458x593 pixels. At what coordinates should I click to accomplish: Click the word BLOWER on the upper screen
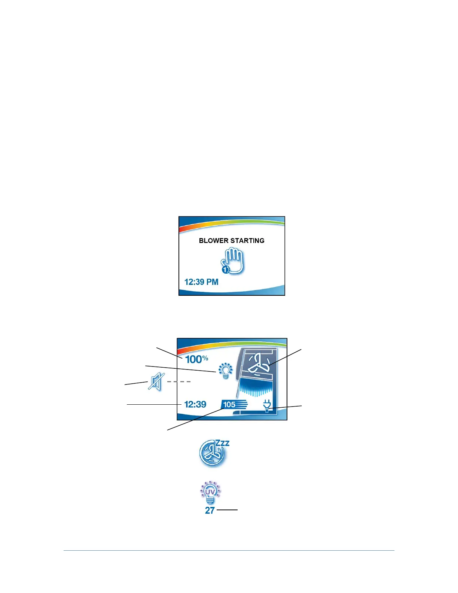click(211, 241)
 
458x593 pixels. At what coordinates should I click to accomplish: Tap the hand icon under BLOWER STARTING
click(233, 261)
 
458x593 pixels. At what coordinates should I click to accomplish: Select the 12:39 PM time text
click(201, 282)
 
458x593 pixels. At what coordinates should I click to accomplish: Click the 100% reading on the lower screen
click(196, 359)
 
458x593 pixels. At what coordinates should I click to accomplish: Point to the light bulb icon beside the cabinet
click(226, 371)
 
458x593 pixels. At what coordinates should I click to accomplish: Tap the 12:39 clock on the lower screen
click(195, 404)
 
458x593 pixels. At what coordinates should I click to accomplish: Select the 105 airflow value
click(229, 405)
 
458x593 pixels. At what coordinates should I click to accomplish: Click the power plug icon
click(267, 405)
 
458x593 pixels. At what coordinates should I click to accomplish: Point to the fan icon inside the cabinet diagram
click(258, 364)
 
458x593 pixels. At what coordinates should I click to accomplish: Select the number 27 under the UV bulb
click(210, 510)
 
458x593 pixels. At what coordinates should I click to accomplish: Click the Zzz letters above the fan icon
click(222, 443)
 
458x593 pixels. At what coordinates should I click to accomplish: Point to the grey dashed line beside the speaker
click(179, 382)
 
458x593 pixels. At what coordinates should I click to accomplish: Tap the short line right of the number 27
click(227, 510)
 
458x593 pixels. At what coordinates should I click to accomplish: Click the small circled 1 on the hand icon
click(225, 270)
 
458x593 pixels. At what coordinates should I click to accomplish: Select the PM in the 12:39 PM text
click(212, 282)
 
